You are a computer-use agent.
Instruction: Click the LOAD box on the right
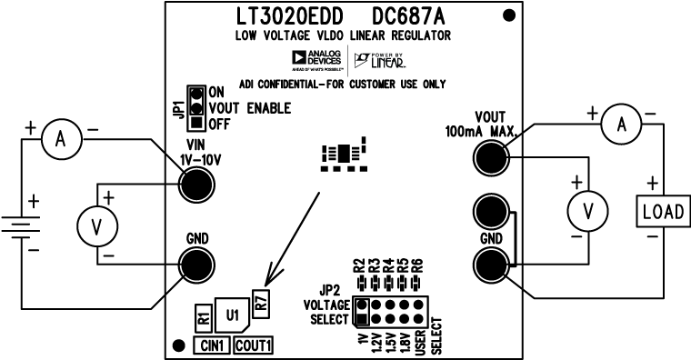coord(661,212)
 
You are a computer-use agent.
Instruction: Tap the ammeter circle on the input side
coord(61,138)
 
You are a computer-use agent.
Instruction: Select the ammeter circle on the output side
coord(623,125)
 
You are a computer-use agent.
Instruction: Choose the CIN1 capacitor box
coord(211,345)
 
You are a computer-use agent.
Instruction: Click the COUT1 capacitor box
coord(255,345)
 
